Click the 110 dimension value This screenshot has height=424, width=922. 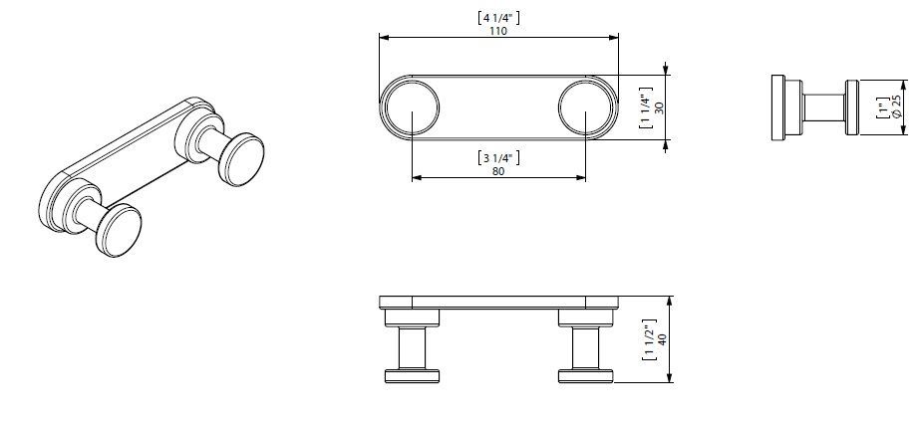click(498, 32)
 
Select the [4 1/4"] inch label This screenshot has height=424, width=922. click(498, 18)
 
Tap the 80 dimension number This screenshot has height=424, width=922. click(498, 171)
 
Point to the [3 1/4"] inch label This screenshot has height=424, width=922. click(498, 157)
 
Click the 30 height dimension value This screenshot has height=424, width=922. click(659, 108)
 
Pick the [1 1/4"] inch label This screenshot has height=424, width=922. click(645, 108)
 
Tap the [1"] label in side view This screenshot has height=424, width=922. click(882, 108)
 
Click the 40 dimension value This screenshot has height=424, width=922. click(663, 340)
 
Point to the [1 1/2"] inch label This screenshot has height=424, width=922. click(649, 340)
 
